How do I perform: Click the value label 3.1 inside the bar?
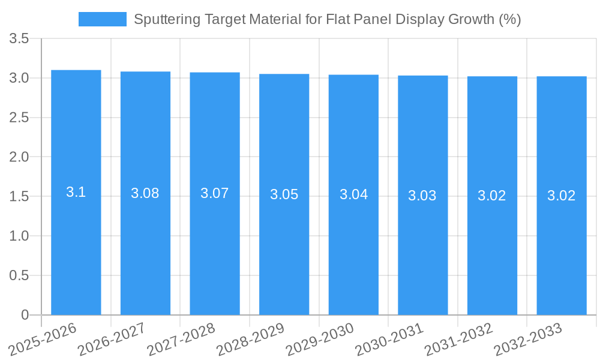76,193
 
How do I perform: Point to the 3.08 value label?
145,193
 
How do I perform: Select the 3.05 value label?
284,194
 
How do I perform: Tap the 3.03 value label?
422,196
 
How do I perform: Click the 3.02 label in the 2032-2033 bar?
562,196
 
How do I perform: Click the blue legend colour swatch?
103,19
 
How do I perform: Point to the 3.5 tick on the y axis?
20,39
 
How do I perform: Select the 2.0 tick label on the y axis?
20,157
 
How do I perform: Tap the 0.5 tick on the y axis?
20,275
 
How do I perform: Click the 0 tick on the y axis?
25,315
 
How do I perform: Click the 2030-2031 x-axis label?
389,339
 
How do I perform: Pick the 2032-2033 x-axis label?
528,339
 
